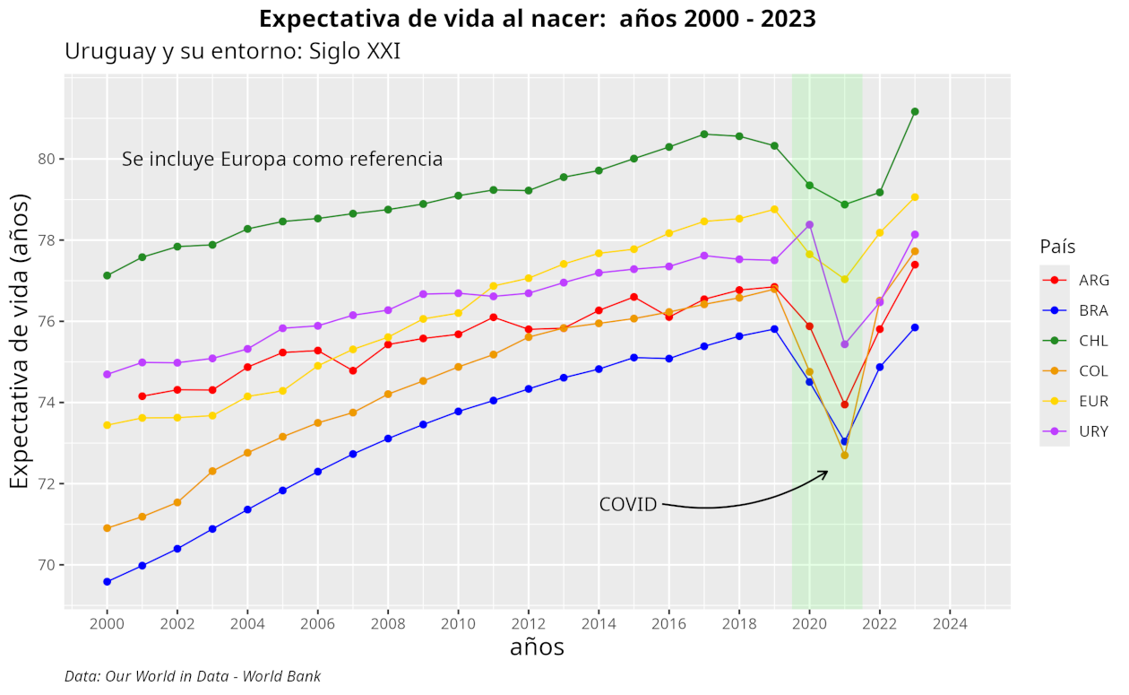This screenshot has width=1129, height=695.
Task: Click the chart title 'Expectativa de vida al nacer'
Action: [x=538, y=18]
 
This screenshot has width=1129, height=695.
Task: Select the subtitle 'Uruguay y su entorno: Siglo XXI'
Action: [x=232, y=52]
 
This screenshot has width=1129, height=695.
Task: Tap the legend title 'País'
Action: [x=1057, y=247]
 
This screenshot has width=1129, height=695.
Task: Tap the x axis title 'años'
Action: [x=537, y=647]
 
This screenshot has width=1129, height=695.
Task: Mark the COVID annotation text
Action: [x=627, y=505]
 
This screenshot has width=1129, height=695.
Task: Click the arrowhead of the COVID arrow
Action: [x=825, y=473]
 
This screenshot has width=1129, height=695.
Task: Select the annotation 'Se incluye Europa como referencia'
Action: [x=282, y=160]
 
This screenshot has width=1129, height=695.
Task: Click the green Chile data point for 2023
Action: [x=915, y=112]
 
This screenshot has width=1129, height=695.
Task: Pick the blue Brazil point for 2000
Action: [x=108, y=582]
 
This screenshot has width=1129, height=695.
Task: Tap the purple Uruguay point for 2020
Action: [x=809, y=225]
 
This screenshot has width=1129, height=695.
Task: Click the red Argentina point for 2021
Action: [x=844, y=404]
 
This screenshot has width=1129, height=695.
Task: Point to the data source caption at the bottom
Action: [x=193, y=676]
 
